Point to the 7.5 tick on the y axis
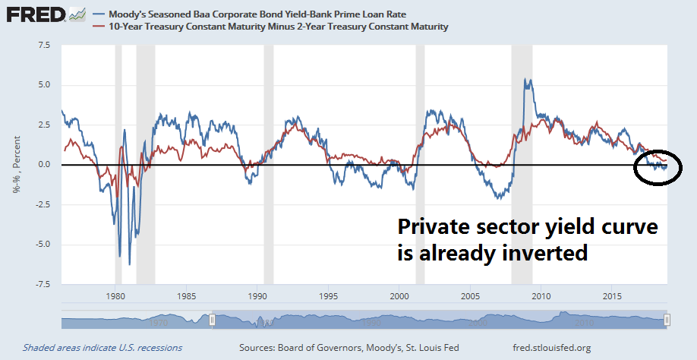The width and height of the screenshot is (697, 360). (44, 45)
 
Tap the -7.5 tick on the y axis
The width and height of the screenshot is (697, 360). (42, 284)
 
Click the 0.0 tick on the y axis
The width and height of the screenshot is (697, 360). (44, 165)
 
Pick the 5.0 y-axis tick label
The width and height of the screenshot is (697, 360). (44, 85)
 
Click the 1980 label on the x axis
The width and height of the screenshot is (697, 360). (115, 295)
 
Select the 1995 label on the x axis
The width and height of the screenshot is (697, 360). (329, 295)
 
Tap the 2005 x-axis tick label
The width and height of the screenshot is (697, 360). (471, 295)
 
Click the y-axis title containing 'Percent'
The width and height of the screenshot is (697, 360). (16, 165)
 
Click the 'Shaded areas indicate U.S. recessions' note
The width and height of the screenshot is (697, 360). (102, 347)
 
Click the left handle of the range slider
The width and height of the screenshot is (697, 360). (213, 321)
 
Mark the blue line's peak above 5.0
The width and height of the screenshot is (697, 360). (526, 79)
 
